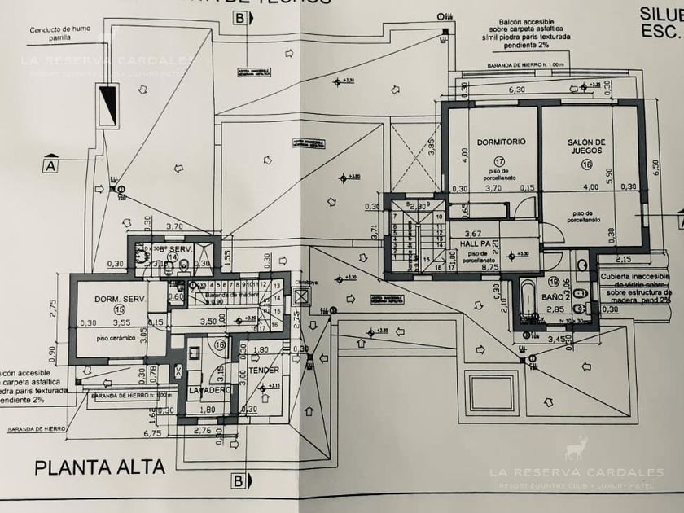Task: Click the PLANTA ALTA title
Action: [x=99, y=467]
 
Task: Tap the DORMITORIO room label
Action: [x=501, y=141]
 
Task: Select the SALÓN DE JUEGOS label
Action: [x=590, y=147]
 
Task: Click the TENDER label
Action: [x=262, y=371]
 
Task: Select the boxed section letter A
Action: [x=50, y=165]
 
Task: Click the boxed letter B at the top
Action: [x=239, y=17]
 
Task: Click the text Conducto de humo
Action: [x=60, y=30]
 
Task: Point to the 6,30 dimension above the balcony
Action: [x=516, y=90]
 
